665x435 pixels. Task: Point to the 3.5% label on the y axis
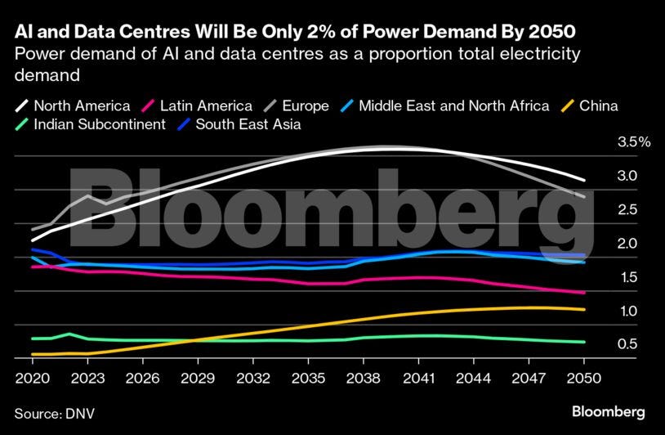pyautogui.click(x=634, y=142)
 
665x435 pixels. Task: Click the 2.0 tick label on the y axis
pyautogui.click(x=627, y=244)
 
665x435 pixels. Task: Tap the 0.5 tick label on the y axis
pyautogui.click(x=627, y=344)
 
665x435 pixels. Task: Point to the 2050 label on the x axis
pyautogui.click(x=584, y=379)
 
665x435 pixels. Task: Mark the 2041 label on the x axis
pyautogui.click(x=418, y=379)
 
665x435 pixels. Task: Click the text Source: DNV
pyautogui.click(x=54, y=413)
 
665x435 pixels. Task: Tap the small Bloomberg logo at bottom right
pyautogui.click(x=609, y=410)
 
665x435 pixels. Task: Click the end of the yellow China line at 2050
pyautogui.click(x=584, y=309)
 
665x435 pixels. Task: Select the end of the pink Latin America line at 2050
pyautogui.click(x=584, y=293)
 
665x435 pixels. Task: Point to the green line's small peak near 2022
pyautogui.click(x=69, y=334)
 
